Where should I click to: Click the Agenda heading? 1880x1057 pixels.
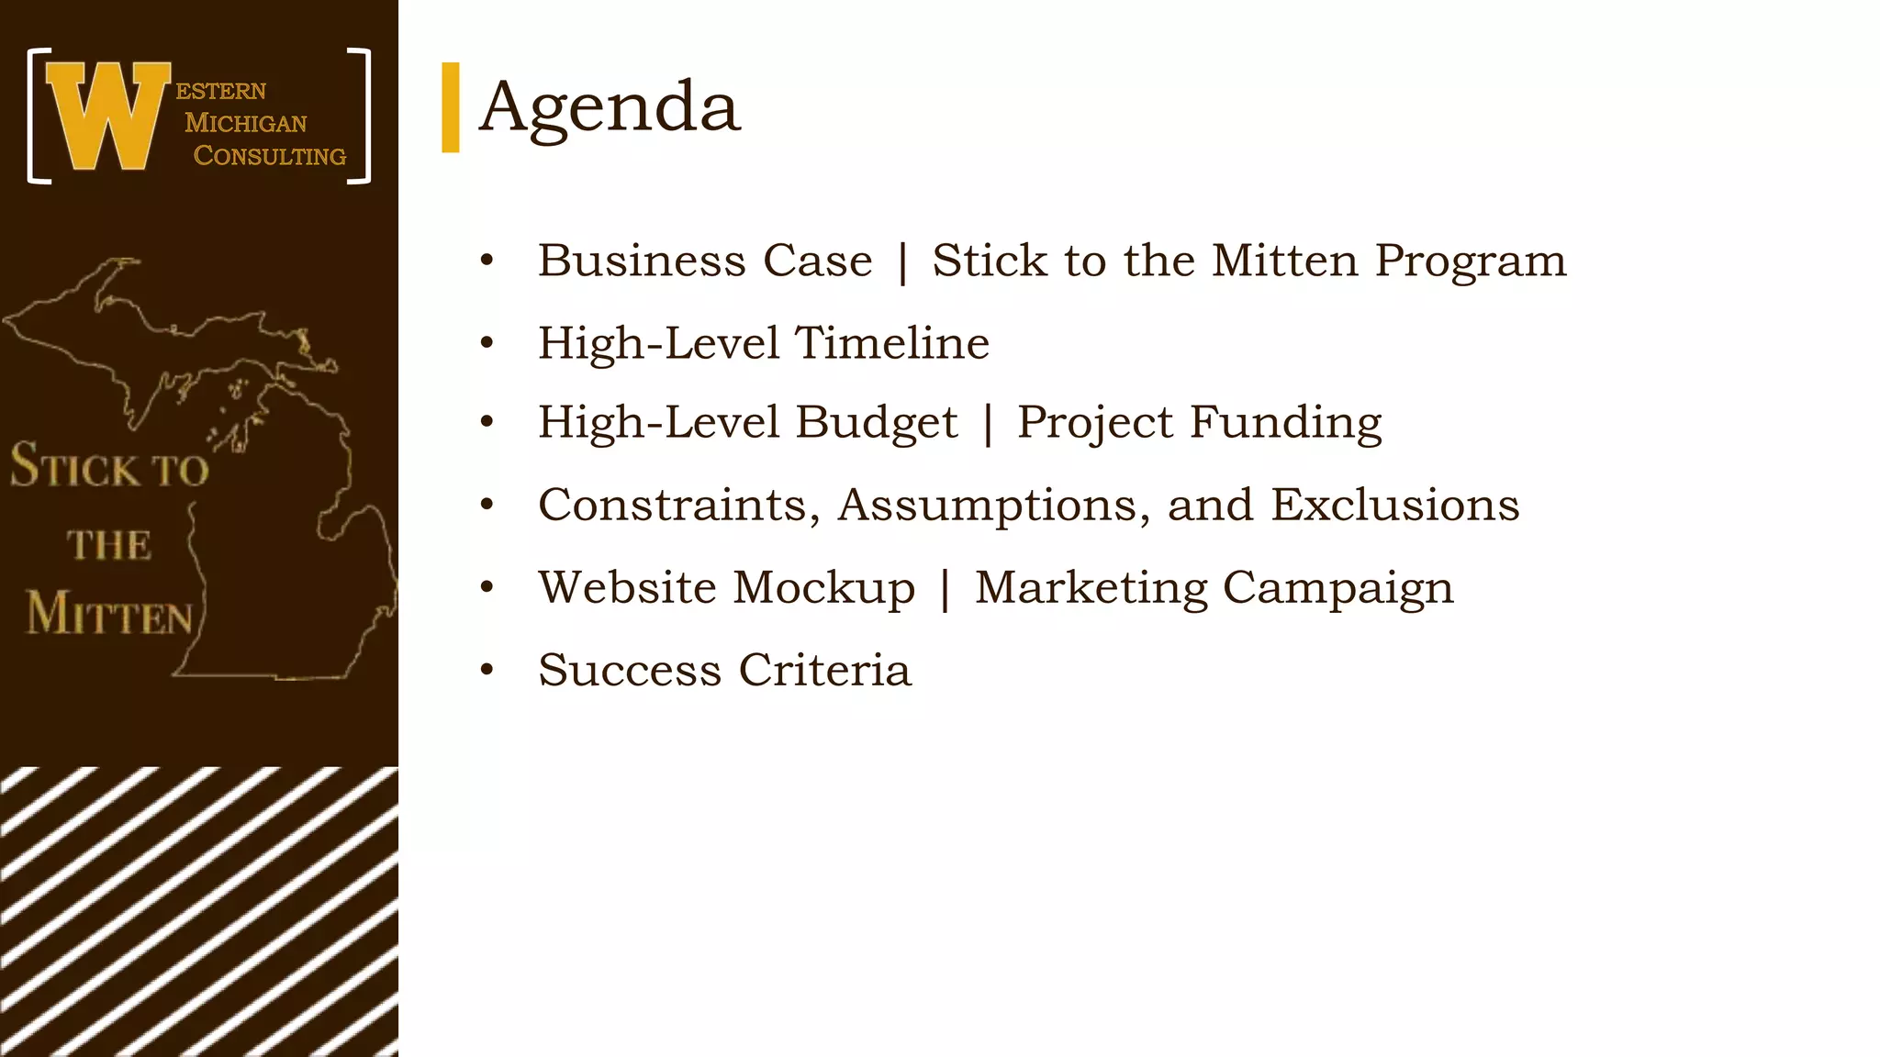(x=610, y=108)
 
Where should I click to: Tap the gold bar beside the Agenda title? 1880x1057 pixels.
(x=450, y=107)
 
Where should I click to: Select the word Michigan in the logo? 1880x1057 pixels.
(x=246, y=123)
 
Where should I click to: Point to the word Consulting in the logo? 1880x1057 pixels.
(x=270, y=156)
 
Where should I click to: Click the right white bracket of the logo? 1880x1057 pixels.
(x=361, y=117)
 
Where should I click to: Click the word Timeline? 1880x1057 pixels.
(x=891, y=343)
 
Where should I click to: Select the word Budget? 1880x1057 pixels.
(x=877, y=423)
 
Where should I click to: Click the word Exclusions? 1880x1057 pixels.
(x=1394, y=506)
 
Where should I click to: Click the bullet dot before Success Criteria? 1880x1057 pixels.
(x=487, y=670)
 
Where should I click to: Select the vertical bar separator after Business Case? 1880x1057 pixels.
(x=902, y=261)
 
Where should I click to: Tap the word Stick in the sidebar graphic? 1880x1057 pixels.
(x=75, y=466)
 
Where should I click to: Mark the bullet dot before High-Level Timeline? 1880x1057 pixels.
(x=487, y=343)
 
